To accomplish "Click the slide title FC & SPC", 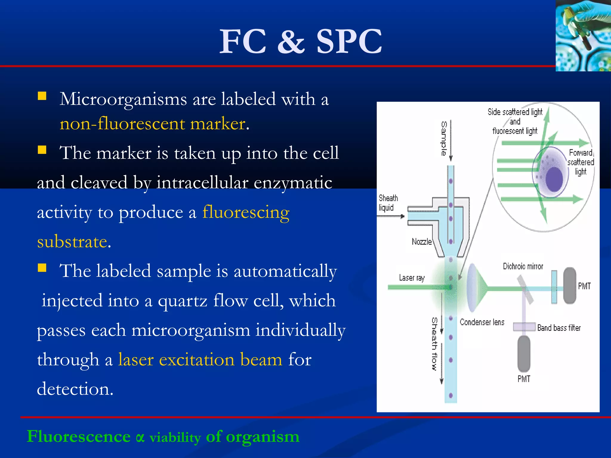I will coord(300,41).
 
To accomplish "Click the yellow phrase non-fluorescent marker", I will coord(152,124).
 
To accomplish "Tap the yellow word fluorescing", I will coord(246,212).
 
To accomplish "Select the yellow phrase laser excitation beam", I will coord(200,360).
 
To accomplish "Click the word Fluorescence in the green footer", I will coord(78,437).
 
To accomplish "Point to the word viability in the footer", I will coord(175,438).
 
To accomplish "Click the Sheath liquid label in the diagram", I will coord(388,203).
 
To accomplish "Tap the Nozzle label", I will coord(422,242).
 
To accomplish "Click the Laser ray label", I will coord(411,278).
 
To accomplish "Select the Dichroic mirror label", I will coord(523,266).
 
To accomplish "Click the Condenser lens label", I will coord(482,322).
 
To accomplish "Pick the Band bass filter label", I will coord(559,328).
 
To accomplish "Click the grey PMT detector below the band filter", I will coord(524,354).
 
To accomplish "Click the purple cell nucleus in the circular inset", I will coord(554,179).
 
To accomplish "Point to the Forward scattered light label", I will coord(580,162).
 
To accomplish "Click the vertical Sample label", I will coord(444,138).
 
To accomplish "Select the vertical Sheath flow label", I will coord(435,343).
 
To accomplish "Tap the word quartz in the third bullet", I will coord(182,301).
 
